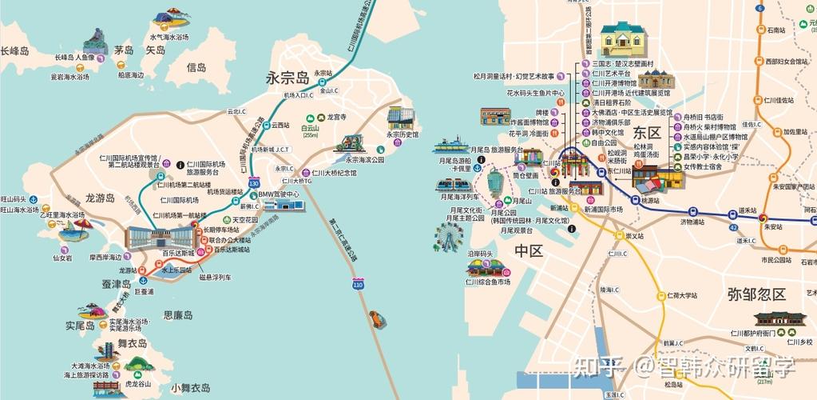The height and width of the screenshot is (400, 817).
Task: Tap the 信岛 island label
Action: pyautogui.click(x=196, y=68)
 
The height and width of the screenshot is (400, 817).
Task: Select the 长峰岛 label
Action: pyautogui.click(x=14, y=50)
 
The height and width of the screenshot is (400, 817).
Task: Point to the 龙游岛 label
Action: pyautogui.click(x=100, y=198)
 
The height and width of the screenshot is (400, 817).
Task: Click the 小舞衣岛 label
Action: pyautogui.click(x=192, y=387)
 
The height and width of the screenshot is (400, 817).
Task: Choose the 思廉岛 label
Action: pyautogui.click(x=177, y=315)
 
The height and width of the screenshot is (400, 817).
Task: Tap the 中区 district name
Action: pyautogui.click(x=529, y=251)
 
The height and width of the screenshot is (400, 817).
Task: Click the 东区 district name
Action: pyautogui.click(x=643, y=133)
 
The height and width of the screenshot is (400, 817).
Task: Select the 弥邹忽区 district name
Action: pyautogui.click(x=756, y=294)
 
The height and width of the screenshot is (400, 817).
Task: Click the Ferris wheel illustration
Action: pyautogui.click(x=447, y=236)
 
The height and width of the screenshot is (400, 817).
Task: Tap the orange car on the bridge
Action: pyautogui.click(x=374, y=320)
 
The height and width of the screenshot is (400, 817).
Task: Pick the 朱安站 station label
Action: pyautogui.click(x=771, y=226)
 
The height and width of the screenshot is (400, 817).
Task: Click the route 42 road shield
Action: pyautogui.click(x=732, y=228)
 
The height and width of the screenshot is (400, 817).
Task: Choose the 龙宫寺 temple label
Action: pyautogui.click(x=336, y=117)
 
